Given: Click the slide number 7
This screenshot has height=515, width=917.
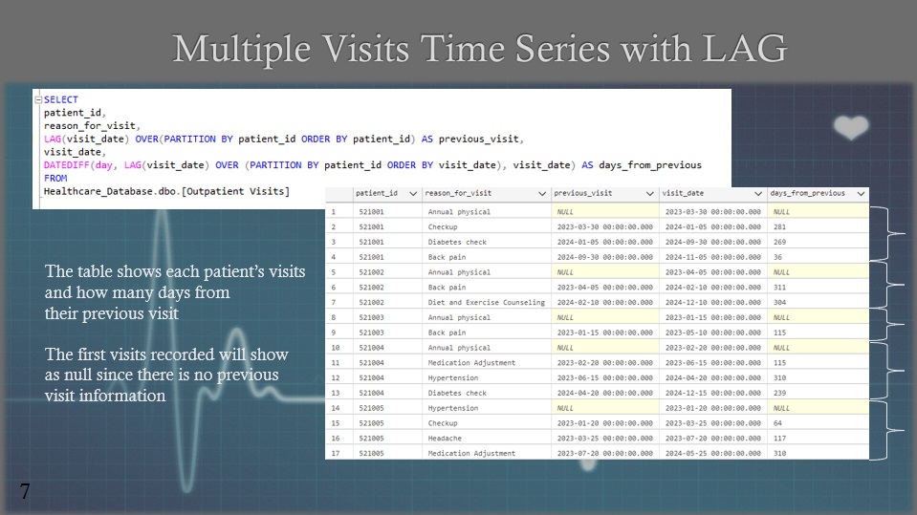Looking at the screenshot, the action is [25, 491].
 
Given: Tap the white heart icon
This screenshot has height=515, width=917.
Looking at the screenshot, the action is [851, 127].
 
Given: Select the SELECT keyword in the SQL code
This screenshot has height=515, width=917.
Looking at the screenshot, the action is [61, 99].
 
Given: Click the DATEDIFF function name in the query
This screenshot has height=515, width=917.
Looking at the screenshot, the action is [67, 165].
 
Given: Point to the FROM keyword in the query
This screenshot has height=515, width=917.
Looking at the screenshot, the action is [55, 178].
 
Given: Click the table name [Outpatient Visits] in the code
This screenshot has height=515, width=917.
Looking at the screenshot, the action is [235, 191].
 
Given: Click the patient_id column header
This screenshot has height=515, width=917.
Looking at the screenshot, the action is [377, 193].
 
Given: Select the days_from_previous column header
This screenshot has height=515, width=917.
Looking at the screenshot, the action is [808, 193].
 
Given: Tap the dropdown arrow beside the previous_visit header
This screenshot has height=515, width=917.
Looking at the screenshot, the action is [649, 194].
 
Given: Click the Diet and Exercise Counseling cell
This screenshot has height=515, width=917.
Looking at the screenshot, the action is [486, 302].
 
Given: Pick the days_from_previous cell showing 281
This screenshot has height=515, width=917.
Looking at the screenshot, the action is [779, 226].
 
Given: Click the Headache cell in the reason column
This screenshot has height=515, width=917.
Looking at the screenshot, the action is [445, 438].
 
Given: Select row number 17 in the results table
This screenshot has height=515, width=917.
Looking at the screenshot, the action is [335, 453].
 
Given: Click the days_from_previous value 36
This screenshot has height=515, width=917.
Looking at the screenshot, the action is [777, 257].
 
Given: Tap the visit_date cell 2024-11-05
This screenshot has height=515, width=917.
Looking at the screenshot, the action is [713, 257].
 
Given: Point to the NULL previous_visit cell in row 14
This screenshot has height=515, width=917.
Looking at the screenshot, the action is [565, 408].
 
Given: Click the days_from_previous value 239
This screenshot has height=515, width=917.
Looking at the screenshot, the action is [779, 393].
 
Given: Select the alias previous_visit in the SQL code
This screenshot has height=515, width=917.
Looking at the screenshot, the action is [479, 139].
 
